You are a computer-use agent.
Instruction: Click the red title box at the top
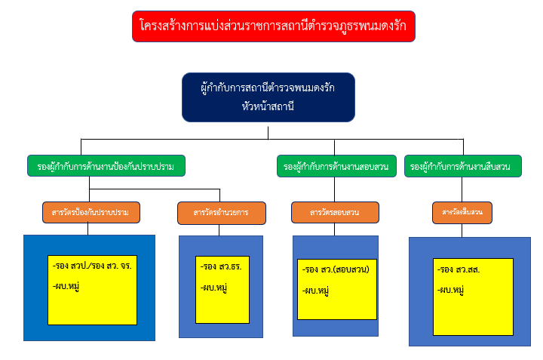pos(273,26)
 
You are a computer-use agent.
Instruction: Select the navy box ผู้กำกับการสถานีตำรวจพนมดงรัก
pos(268,88)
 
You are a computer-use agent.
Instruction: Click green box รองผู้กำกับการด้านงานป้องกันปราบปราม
pos(106,166)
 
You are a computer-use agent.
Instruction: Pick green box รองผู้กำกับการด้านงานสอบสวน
pos(336,166)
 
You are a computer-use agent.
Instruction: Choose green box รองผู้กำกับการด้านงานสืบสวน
pos(463,166)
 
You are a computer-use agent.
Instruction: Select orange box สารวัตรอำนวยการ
pos(220,213)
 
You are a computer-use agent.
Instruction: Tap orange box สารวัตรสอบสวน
pos(333,213)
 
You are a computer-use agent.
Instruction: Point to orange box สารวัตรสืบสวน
pos(462,214)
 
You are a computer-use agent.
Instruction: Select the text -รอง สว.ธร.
pos(220,266)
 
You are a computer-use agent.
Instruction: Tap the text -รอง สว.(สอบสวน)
pos(339,269)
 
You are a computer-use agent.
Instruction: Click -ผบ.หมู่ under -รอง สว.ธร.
pos(214,288)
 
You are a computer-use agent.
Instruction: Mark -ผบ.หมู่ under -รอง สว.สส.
pos(450,290)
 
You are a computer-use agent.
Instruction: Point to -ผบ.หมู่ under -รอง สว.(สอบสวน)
pos(315,291)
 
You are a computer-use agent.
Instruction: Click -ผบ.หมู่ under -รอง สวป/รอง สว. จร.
pos(67,287)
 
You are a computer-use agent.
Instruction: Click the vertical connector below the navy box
pos(268,131)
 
